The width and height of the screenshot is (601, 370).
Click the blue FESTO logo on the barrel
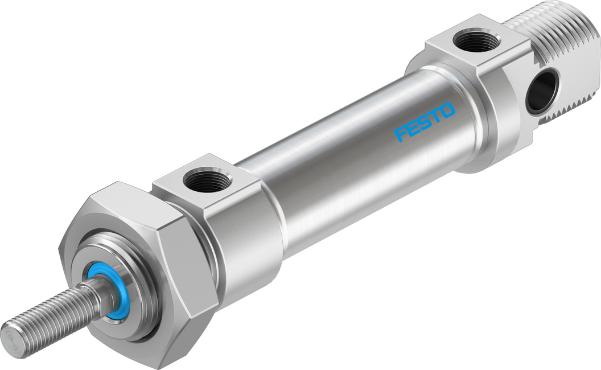point(425,121)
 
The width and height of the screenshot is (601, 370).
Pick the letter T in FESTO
point(435,116)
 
